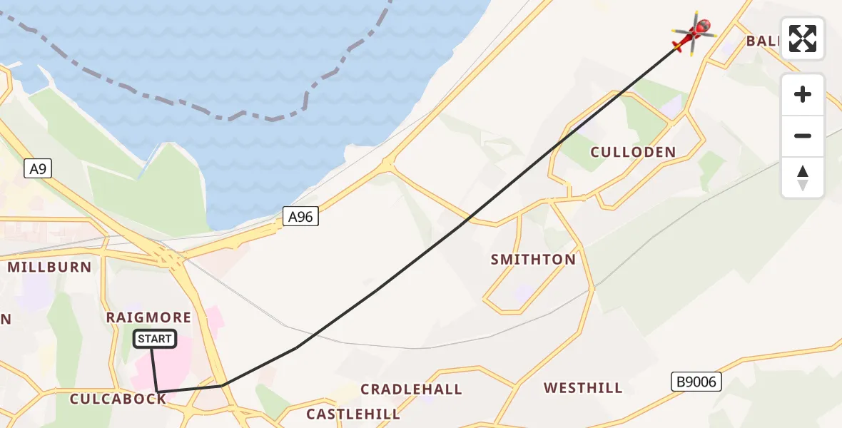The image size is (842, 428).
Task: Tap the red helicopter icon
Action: [x=694, y=33]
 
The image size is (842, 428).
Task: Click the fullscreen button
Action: [x=803, y=39]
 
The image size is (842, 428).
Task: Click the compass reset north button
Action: [x=803, y=178]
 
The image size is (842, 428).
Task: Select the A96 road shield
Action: [x=300, y=217]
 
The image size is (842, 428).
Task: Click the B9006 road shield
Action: [x=696, y=382]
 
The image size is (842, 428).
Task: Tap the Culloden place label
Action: [x=633, y=152]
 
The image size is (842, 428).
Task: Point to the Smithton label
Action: [x=533, y=260]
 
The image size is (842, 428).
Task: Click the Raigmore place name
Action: [x=148, y=317]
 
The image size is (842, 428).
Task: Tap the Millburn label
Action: [x=49, y=267]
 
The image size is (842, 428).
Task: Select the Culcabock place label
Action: [x=118, y=399]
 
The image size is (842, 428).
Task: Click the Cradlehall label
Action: [x=411, y=389]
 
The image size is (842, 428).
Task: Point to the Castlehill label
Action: [x=353, y=414]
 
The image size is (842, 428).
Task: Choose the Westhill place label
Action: [x=583, y=388]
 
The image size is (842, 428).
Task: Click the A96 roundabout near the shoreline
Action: [x=387, y=165]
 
